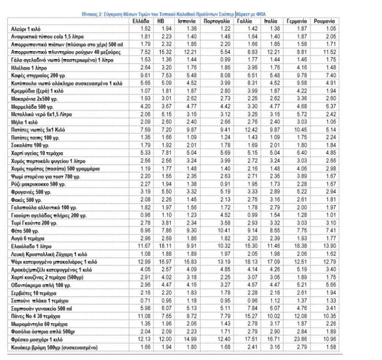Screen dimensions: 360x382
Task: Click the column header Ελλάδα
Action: point(142,22)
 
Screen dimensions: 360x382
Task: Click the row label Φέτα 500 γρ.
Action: point(25,232)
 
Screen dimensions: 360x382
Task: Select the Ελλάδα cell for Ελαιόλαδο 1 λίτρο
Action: point(143,246)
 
